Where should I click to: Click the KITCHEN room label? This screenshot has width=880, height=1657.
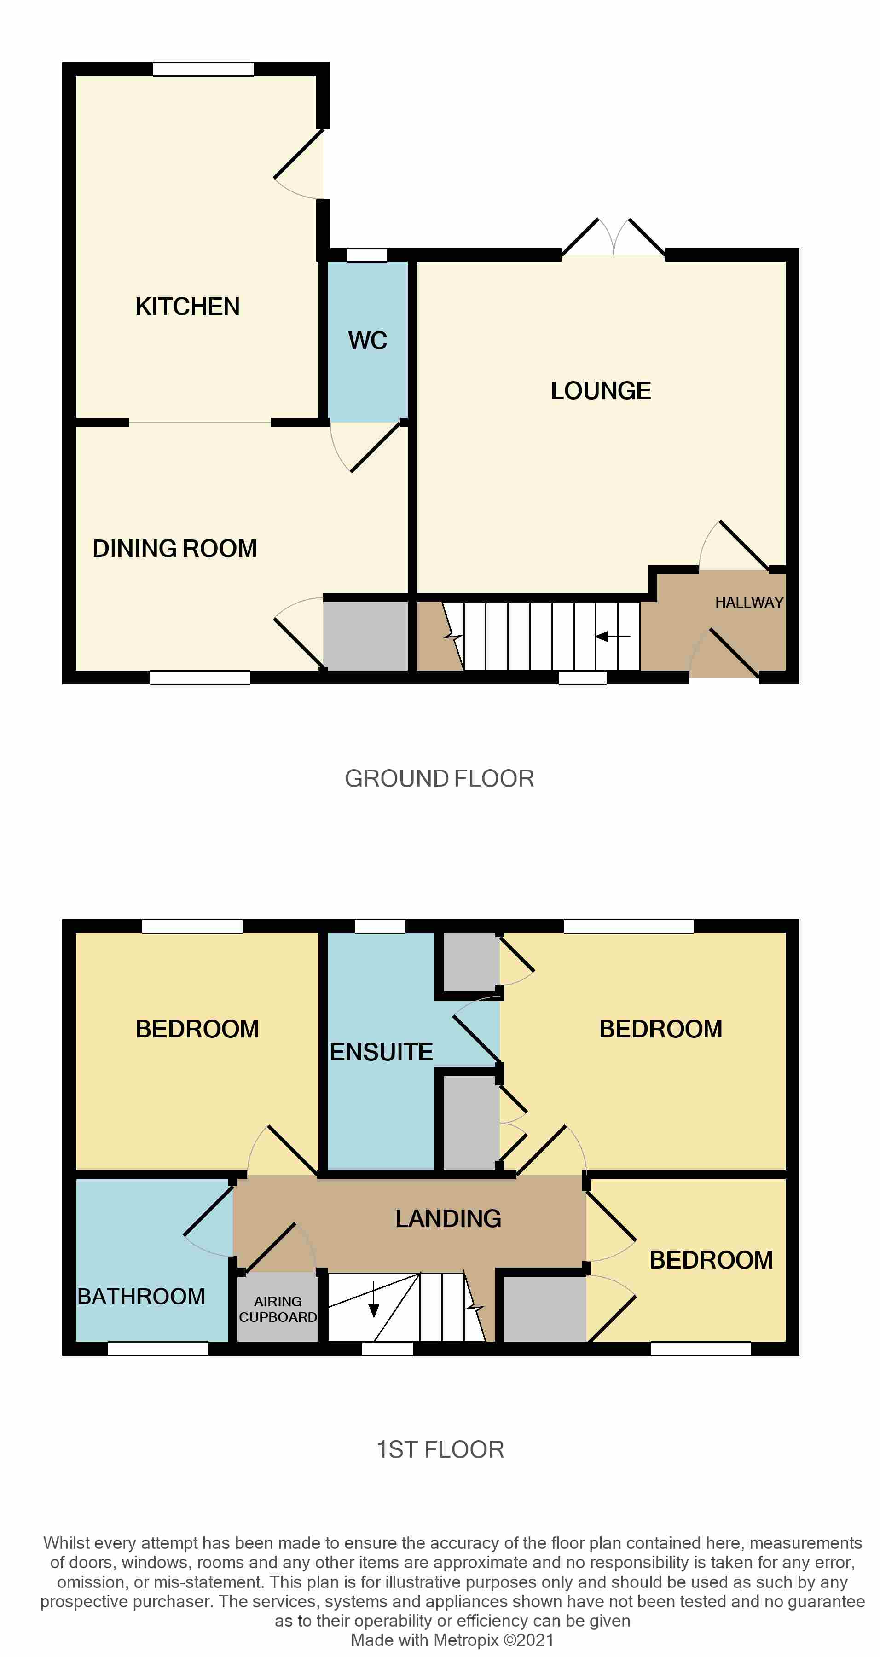tap(187, 307)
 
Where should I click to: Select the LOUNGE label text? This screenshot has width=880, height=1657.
tap(601, 391)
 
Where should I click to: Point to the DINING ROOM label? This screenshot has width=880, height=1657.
tap(174, 549)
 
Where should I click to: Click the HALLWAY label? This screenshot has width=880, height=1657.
tap(749, 603)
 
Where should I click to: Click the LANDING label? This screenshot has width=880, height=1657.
tap(448, 1219)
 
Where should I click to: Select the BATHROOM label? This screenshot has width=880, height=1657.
tap(141, 1296)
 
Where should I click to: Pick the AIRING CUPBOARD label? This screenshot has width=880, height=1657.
tap(278, 1309)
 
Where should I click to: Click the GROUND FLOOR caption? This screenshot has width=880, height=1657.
tap(440, 779)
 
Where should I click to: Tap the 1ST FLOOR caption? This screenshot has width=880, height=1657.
tap(440, 1450)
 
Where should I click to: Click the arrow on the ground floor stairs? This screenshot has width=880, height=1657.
tap(612, 637)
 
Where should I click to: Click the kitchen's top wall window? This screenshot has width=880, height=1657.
tap(203, 70)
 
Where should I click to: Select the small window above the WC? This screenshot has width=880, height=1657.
tap(367, 255)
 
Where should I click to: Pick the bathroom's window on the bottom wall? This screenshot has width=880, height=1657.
tap(158, 1349)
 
